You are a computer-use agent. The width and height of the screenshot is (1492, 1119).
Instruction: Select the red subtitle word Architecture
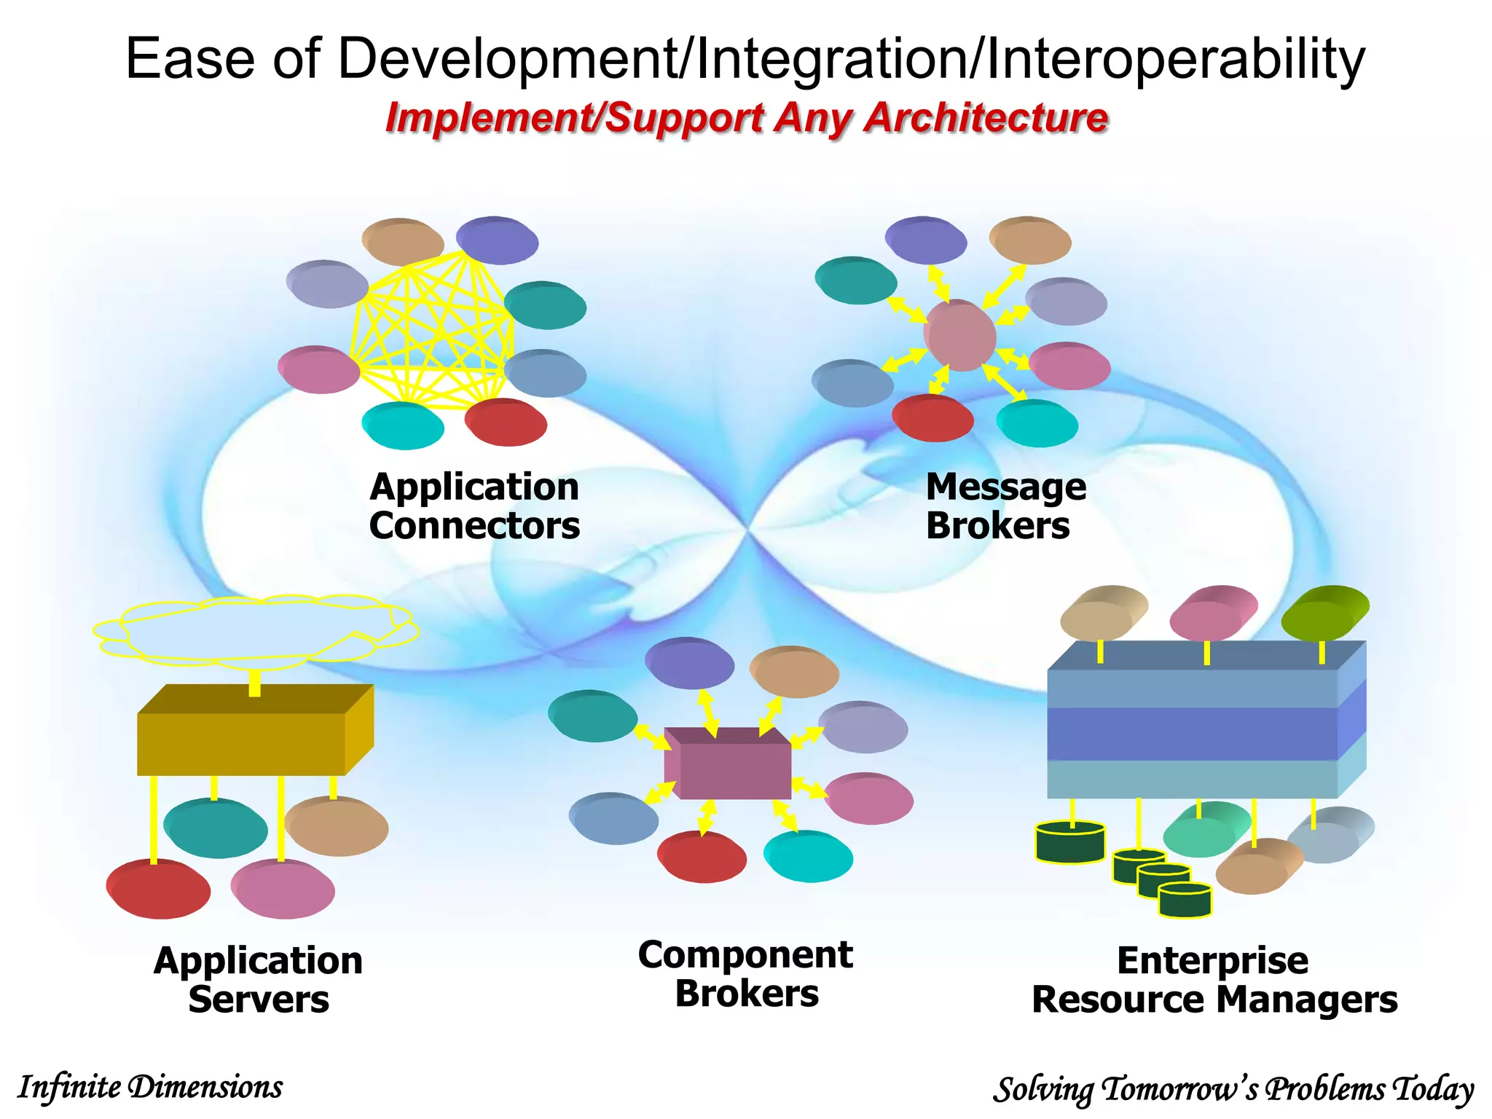coord(986,118)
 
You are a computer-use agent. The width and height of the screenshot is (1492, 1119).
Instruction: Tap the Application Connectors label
coord(474,506)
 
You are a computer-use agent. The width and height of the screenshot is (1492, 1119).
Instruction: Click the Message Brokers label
coord(1005,506)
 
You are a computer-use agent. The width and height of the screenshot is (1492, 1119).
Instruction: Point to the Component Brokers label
coord(745,974)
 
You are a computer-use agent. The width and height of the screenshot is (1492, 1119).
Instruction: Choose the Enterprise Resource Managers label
coord(1214,980)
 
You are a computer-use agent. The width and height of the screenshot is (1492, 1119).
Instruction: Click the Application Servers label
coord(258,980)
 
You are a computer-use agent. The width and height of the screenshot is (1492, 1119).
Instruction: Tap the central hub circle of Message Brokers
coord(959,336)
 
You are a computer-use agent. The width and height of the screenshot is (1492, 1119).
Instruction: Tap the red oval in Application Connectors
coord(506,423)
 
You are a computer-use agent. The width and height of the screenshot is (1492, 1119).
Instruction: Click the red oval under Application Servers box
coord(159,889)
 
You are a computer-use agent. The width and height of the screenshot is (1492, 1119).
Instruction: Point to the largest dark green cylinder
coord(1069,843)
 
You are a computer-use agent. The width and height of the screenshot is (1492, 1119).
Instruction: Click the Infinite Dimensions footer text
coord(150,1087)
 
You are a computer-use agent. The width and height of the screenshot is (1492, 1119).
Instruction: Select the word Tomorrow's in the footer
coord(1179,1090)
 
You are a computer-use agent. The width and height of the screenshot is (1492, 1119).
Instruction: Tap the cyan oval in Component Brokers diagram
coord(807,857)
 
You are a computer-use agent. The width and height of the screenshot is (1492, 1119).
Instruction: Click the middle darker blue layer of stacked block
coord(1192,734)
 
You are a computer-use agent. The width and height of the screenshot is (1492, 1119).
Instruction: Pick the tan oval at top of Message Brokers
coord(1029,240)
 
